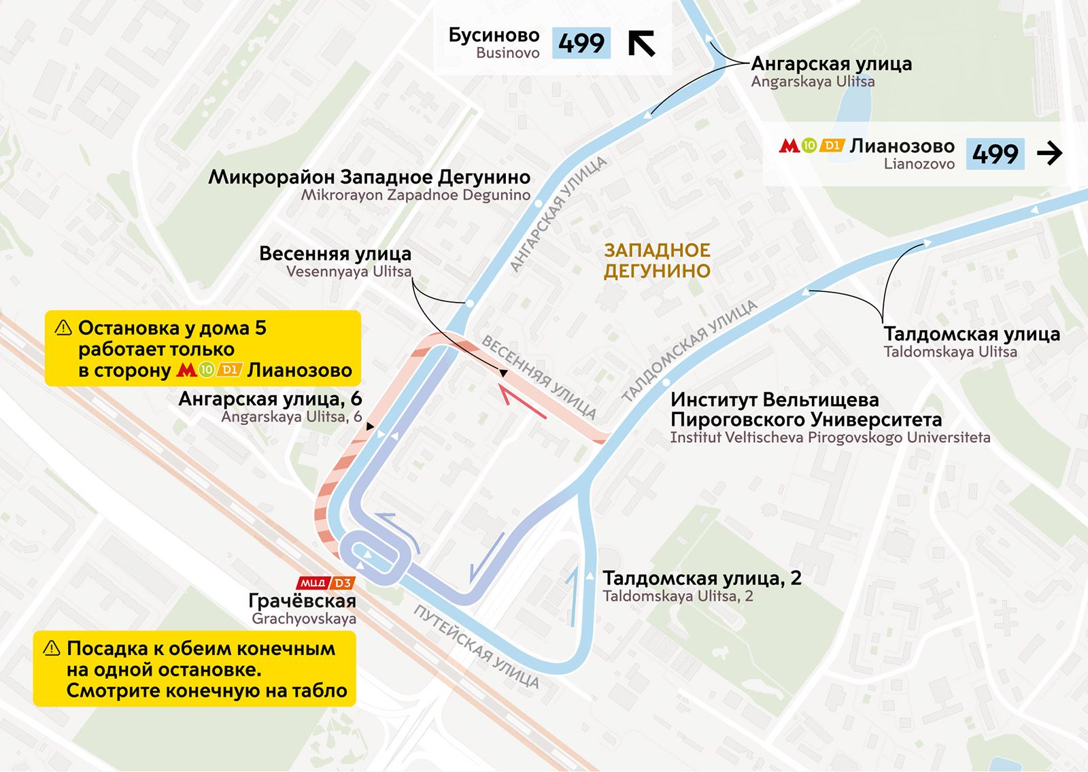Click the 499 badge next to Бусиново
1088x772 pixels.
(x=581, y=44)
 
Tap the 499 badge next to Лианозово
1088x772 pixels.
(x=995, y=154)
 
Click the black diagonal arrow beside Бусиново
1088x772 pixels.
(x=641, y=43)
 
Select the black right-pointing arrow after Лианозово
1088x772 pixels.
(x=1049, y=154)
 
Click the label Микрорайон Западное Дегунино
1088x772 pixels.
(x=369, y=178)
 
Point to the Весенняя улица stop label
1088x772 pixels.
(x=335, y=254)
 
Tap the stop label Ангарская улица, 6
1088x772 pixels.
(x=270, y=399)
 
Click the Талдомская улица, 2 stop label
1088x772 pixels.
(x=702, y=579)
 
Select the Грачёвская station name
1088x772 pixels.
(x=302, y=601)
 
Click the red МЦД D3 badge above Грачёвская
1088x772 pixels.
(x=326, y=583)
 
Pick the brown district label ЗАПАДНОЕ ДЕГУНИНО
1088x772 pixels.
(x=657, y=261)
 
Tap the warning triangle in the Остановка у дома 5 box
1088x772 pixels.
(x=63, y=328)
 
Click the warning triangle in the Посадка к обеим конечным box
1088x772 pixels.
(x=52, y=648)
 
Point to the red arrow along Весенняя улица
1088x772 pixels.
(x=522, y=401)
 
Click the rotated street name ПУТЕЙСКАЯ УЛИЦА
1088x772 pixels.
(x=476, y=646)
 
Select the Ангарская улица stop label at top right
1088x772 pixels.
(x=831, y=65)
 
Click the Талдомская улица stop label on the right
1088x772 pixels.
(x=972, y=335)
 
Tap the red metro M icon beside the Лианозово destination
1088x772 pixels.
(x=789, y=146)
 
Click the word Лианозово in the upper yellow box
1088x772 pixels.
(x=299, y=371)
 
